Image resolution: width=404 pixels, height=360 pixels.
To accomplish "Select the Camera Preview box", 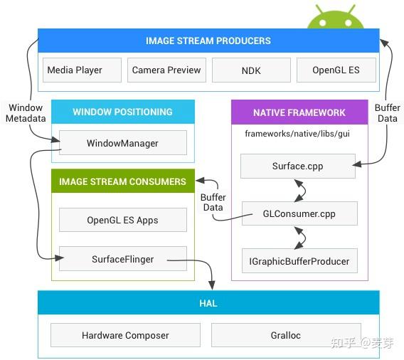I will tap(167, 70).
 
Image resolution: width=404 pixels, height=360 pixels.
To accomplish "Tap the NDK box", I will tap(251, 70).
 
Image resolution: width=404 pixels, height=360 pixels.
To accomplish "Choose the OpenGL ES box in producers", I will tap(336, 70).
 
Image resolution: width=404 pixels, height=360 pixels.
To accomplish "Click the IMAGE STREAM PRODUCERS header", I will tap(208, 41).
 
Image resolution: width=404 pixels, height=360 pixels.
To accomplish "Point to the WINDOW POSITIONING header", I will tap(122, 112).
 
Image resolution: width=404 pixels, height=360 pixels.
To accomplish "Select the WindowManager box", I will tap(122, 143).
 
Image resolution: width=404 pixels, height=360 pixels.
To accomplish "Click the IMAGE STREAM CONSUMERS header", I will tap(122, 181).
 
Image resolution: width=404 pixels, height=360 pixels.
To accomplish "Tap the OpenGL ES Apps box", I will tap(122, 221).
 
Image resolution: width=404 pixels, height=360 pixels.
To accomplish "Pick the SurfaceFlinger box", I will tap(122, 260).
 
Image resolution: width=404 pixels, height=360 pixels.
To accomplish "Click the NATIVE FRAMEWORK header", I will tap(299, 112).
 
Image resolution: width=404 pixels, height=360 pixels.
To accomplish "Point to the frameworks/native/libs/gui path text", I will tap(297, 133).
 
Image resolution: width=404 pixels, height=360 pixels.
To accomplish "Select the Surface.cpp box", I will tap(298, 166).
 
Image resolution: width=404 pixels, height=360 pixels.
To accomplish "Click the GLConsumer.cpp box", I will tap(298, 213).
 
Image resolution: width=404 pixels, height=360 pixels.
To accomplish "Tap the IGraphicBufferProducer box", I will tap(298, 261).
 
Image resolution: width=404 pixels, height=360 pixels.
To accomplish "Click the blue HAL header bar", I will tap(208, 303).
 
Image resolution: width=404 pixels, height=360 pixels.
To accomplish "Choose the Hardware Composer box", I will tap(125, 335).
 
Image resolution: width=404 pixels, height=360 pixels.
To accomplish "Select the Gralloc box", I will tap(285, 335).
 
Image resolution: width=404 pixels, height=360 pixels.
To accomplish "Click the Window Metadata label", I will tap(25, 113).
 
